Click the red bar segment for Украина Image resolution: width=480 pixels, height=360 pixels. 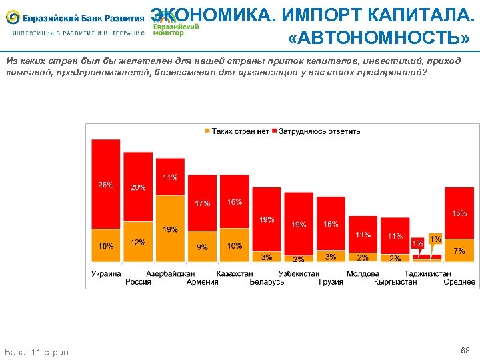coord(106,183)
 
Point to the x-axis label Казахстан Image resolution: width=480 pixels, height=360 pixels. coord(235,273)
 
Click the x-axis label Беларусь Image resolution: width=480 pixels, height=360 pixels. coord(267,282)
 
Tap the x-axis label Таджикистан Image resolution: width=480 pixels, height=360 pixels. coord(427,273)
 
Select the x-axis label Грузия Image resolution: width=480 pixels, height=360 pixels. coord(331,282)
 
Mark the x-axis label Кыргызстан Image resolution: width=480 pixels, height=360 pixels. coord(395,282)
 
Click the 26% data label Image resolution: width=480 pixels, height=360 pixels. coord(106,185)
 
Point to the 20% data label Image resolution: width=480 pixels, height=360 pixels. coord(138,187)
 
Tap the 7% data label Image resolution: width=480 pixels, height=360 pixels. coord(459,251)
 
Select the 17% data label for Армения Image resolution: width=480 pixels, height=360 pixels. coord(202,203)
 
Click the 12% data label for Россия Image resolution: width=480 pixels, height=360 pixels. coord(138,243)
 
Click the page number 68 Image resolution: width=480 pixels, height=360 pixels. coord(465,350)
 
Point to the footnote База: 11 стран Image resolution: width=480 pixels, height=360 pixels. coord(37,351)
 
